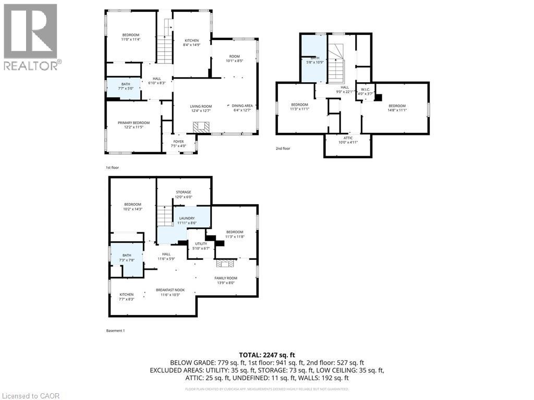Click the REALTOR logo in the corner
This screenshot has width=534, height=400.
coord(31,36)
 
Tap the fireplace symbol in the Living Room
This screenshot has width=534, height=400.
coord(200,127)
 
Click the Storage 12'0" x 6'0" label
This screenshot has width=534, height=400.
coord(184,194)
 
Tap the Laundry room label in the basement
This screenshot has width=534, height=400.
coord(187,220)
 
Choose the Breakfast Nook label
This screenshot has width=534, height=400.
coord(170,292)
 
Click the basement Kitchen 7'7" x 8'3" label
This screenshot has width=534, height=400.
coord(126,296)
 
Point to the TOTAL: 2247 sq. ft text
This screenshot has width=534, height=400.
coord(267,354)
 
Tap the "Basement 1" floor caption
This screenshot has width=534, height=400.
coord(115,330)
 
